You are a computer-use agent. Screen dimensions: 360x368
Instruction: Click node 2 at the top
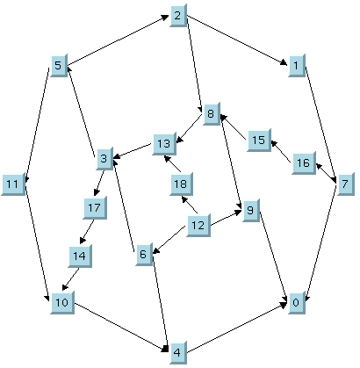(x=178, y=16)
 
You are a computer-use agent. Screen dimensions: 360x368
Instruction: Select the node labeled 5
(x=59, y=65)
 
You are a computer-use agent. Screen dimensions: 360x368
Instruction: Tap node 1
(x=297, y=65)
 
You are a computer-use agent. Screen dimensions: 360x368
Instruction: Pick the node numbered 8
(x=212, y=114)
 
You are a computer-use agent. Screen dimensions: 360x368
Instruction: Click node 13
(x=164, y=143)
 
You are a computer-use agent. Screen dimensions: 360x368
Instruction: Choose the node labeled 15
(x=259, y=140)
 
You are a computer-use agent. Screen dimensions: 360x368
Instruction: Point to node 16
(x=304, y=163)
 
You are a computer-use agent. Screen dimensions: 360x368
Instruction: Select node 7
(x=346, y=184)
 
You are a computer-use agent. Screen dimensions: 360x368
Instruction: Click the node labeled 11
(x=13, y=184)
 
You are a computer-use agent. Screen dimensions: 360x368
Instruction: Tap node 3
(x=104, y=159)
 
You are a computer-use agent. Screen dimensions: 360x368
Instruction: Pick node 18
(x=181, y=184)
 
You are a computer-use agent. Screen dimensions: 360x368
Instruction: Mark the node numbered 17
(x=95, y=207)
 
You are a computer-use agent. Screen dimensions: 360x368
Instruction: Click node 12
(x=198, y=226)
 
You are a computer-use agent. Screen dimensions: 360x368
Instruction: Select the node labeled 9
(x=251, y=211)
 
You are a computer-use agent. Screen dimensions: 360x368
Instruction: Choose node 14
(x=80, y=256)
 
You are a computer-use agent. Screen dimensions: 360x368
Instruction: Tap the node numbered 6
(x=144, y=254)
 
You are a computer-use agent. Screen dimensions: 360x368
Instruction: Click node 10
(x=62, y=303)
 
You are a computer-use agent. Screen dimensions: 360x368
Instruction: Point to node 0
(x=297, y=303)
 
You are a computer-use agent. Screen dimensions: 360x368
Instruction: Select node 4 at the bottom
(x=178, y=352)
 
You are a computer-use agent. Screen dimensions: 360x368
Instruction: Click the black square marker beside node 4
(x=165, y=349)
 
